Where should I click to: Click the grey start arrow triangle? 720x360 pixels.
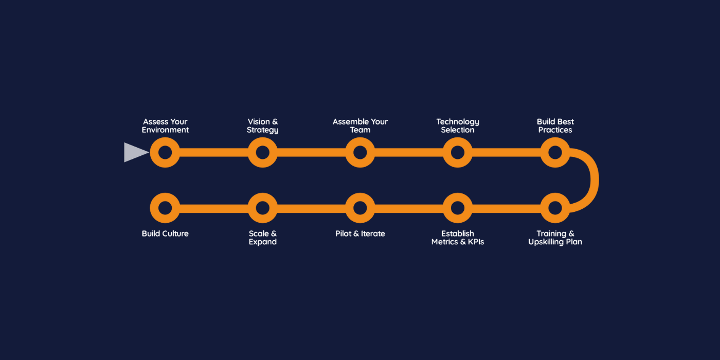(x=135, y=152)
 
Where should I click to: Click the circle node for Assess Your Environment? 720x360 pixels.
(x=165, y=152)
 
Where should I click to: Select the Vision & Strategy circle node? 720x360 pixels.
(x=262, y=152)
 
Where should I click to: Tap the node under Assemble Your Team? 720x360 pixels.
(x=360, y=152)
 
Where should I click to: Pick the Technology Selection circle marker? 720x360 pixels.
(x=458, y=152)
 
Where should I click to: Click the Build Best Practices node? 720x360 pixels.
(x=555, y=152)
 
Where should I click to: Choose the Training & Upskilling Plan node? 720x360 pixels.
(x=555, y=208)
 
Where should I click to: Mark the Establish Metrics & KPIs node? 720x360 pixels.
(x=458, y=208)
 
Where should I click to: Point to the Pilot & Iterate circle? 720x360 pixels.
(x=360, y=208)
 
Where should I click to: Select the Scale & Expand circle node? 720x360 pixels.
(x=262, y=208)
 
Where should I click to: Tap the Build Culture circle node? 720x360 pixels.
(x=165, y=208)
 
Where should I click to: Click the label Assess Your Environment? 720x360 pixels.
(x=165, y=126)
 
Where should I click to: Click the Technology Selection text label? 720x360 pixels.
(x=458, y=126)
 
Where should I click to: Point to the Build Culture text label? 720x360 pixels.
(x=165, y=233)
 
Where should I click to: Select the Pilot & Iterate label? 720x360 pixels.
(x=360, y=233)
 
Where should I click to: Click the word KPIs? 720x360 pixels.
(x=474, y=242)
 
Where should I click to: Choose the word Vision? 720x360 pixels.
(x=258, y=122)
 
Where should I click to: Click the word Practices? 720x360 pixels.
(x=555, y=130)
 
